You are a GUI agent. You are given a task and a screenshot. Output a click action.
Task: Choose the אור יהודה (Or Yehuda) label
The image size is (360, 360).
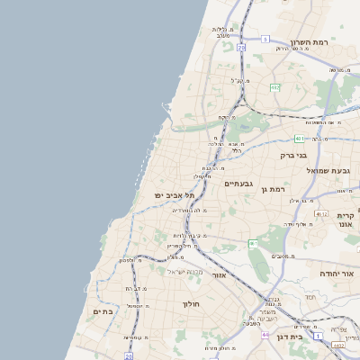coord(337,273)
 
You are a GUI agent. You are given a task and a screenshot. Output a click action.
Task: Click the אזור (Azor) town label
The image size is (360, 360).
coord(218,275)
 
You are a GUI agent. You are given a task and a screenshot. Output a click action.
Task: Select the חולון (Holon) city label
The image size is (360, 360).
coord(190,304)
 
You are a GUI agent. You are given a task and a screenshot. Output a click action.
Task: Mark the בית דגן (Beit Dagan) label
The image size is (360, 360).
coord(310,336)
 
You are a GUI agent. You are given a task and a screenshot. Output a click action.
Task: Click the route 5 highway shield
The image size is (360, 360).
coord(265,39)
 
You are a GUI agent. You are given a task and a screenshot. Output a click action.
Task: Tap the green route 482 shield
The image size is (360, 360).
coord(274,87)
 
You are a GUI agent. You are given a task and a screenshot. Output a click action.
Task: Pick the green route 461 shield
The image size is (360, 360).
coord(253,244)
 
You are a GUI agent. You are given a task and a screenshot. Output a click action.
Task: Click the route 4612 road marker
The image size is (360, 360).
coord(322,214)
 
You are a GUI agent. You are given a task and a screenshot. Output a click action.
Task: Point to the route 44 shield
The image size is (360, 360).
coord(265,335)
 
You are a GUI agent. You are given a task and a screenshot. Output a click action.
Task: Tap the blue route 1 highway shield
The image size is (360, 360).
coord(129,356)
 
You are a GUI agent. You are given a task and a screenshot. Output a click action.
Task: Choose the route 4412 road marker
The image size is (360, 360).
coord(339,345)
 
